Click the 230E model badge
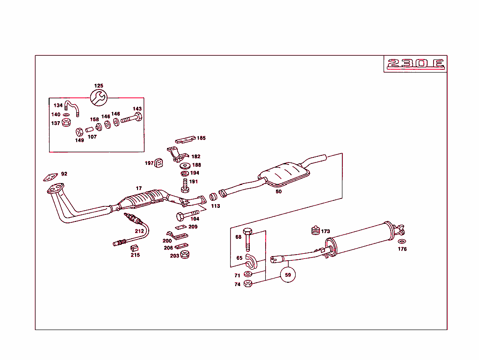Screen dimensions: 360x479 coord(414,64)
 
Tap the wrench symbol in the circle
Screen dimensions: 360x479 coord(99,97)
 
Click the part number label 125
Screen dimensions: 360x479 coord(99,86)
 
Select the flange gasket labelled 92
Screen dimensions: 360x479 coord(49,177)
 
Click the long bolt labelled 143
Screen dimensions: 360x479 coord(131,118)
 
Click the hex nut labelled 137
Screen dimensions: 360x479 coord(66,123)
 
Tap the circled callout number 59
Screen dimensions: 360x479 coord(288,275)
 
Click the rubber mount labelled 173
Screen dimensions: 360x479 coord(315,231)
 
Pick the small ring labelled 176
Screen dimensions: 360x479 coord(401,242)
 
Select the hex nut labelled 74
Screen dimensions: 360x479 coord(248,284)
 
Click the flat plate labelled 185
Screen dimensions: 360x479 coord(185,139)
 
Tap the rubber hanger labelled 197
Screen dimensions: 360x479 coord(159,163)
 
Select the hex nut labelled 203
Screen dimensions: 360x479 coord(184,255)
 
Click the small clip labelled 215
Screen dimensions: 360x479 coord(135,247)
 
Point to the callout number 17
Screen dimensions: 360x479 coord(139,188)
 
